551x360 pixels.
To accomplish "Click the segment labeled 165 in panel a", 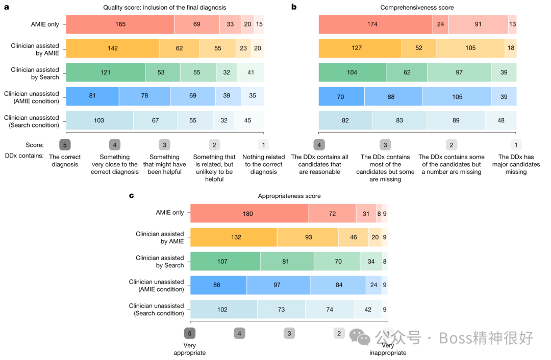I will click(120, 24).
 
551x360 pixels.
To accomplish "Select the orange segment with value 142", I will click(112, 48).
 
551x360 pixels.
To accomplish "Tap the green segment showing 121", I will click(106, 72).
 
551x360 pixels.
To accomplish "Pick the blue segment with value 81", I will click(92, 96).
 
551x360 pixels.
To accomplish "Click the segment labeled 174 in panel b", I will click(375, 24).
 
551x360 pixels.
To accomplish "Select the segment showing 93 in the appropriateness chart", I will click(308, 238).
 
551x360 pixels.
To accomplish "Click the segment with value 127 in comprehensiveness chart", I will click(360, 48).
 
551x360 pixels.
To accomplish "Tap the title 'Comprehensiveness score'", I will click(417, 8).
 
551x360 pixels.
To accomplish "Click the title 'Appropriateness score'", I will click(289, 196).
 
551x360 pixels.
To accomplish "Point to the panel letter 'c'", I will click(132, 195).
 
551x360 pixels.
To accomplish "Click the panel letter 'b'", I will click(294, 7).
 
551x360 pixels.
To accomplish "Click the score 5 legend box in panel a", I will click(65, 145).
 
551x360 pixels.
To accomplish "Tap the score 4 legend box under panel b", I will click(319, 145).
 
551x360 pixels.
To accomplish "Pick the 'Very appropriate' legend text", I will click(189, 349).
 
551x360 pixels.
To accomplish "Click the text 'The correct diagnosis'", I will click(65, 161).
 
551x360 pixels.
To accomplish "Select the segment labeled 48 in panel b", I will click(500, 120).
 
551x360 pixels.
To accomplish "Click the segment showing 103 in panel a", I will click(99, 120).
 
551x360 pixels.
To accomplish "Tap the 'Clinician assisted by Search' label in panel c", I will click(160, 262).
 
